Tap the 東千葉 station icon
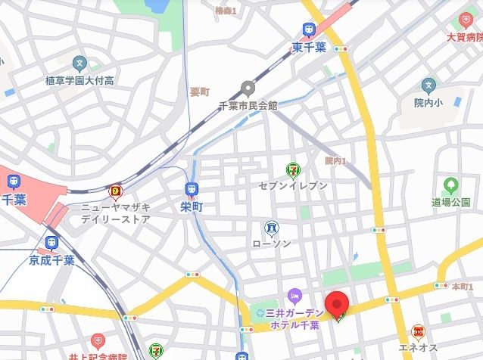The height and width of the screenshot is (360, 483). (x=309, y=30)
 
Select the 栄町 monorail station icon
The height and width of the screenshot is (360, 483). (x=190, y=189)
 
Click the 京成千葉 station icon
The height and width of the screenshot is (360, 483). (x=51, y=243)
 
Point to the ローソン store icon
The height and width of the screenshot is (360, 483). (x=271, y=227)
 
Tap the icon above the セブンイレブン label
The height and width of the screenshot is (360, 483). (x=291, y=170)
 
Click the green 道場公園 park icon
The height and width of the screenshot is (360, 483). (x=451, y=185)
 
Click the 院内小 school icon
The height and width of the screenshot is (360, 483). (x=429, y=85)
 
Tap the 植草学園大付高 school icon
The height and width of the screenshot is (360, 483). (x=79, y=64)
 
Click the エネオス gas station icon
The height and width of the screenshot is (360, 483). (x=418, y=331)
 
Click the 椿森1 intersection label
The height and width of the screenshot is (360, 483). (x=226, y=10)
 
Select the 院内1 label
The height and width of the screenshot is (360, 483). (x=335, y=160)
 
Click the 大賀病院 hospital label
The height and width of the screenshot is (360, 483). (x=465, y=36)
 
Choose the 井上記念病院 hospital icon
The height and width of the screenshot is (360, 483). (x=97, y=342)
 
